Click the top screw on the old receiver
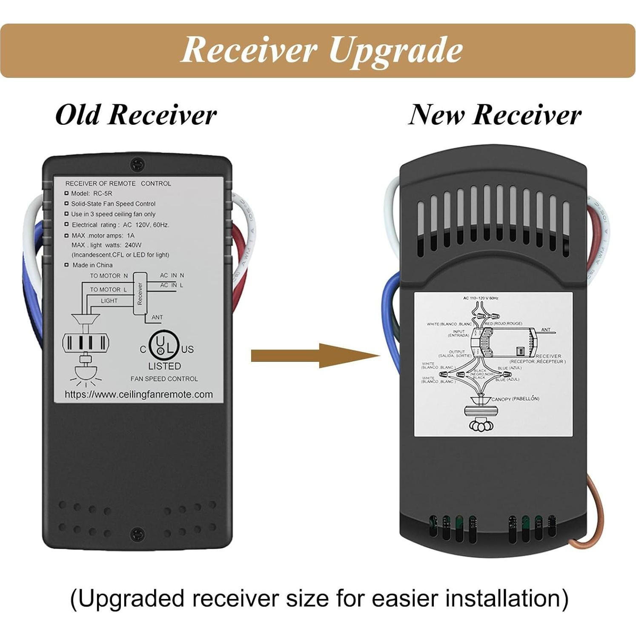(x=137, y=163)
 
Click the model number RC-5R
(x=103, y=194)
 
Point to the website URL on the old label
(x=138, y=395)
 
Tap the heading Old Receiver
(x=136, y=115)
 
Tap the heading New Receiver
(x=495, y=115)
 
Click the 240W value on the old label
(x=133, y=245)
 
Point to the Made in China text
(x=92, y=265)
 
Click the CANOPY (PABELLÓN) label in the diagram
(x=515, y=399)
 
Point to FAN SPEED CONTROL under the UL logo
(x=164, y=379)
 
